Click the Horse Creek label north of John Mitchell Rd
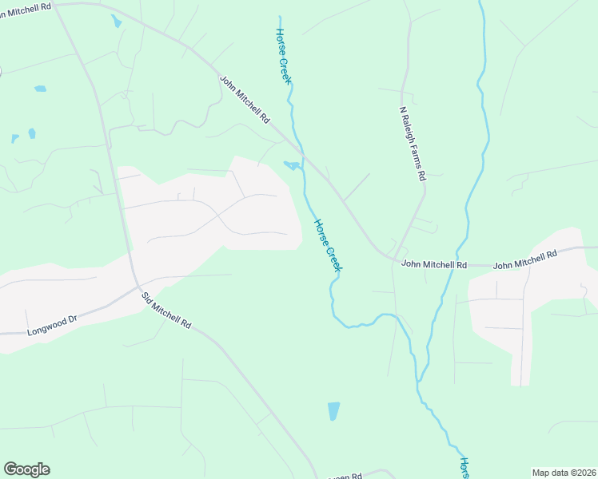coord(283,57)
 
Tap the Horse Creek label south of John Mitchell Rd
coord(327,246)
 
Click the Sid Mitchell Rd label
coord(166,311)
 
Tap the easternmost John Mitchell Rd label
coord(524,259)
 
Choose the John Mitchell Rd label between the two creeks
coord(434,263)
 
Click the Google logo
coord(26,469)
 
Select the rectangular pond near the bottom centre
coord(333,411)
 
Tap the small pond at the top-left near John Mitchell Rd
coord(116,21)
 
